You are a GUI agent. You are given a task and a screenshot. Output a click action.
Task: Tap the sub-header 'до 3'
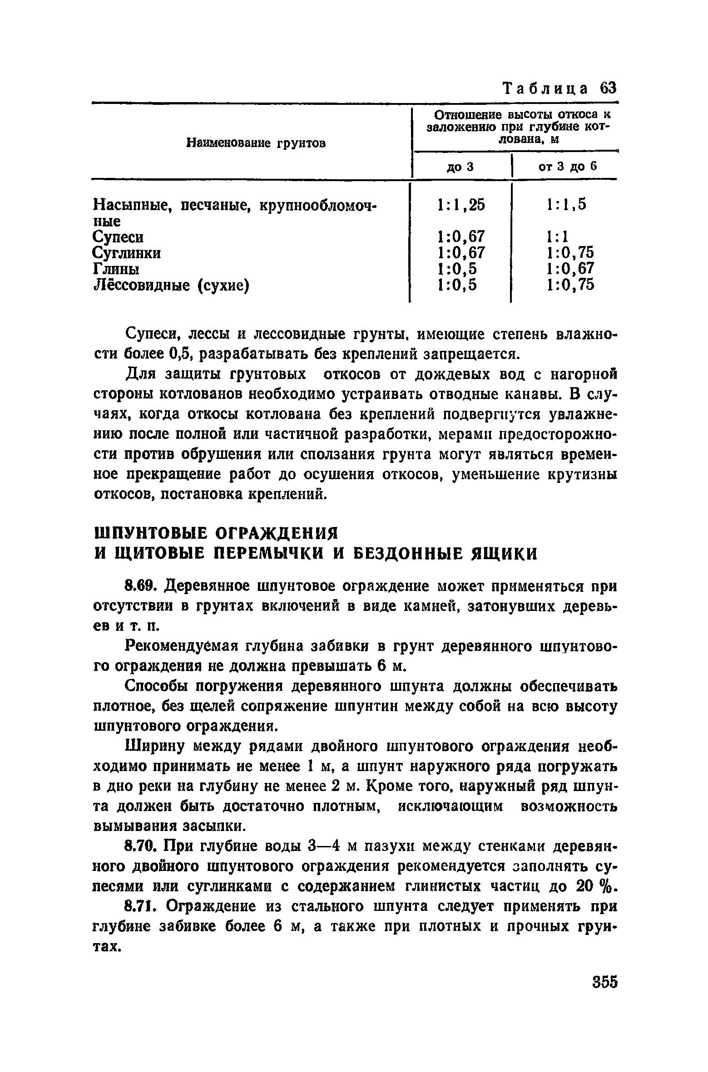pos(460,167)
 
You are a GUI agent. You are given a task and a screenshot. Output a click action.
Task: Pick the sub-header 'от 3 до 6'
pos(567,167)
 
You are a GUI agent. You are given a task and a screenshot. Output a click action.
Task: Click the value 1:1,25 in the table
pos(460,205)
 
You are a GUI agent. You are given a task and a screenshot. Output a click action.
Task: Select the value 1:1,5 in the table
pos(567,205)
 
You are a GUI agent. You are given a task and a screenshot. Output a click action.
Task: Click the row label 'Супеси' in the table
pos(118,237)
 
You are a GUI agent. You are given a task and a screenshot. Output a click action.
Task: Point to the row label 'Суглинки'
pos(127,253)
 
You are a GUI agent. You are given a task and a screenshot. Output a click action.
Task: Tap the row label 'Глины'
pos(116,269)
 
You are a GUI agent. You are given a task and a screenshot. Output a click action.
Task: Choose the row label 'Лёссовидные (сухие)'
pos(171,285)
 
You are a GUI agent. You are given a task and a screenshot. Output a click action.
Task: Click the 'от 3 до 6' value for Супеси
pos(558,237)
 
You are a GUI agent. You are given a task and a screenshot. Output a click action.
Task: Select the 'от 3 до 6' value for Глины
pos(570,269)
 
